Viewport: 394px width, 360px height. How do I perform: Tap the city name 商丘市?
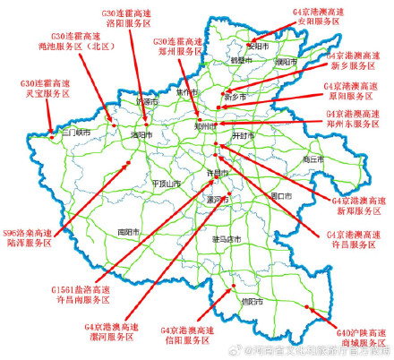point(313,159)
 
